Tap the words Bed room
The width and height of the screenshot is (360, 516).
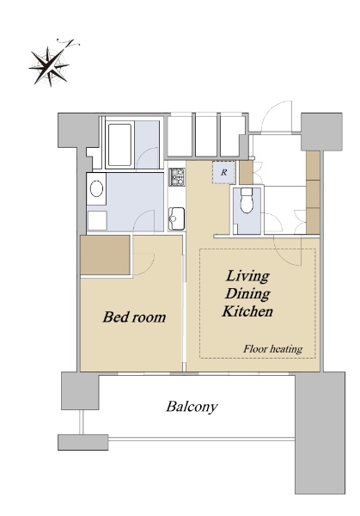click(x=134, y=316)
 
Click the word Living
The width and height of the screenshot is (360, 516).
click(x=247, y=276)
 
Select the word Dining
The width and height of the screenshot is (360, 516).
click(x=247, y=293)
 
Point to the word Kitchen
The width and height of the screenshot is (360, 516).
click(x=247, y=311)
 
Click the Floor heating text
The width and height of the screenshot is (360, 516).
click(x=273, y=348)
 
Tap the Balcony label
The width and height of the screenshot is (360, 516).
click(x=192, y=407)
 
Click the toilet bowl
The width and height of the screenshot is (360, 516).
click(x=247, y=200)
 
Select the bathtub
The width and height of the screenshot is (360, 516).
click(x=119, y=144)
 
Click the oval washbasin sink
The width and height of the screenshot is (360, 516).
click(x=96, y=189)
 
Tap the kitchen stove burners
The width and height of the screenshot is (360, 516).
click(x=177, y=176)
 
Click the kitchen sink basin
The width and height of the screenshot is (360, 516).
click(x=176, y=218)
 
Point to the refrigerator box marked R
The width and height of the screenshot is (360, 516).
click(x=224, y=173)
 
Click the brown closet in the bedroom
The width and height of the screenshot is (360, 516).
click(x=105, y=255)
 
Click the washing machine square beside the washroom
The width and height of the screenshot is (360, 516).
click(x=97, y=220)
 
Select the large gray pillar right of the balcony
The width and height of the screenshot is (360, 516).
click(x=320, y=433)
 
